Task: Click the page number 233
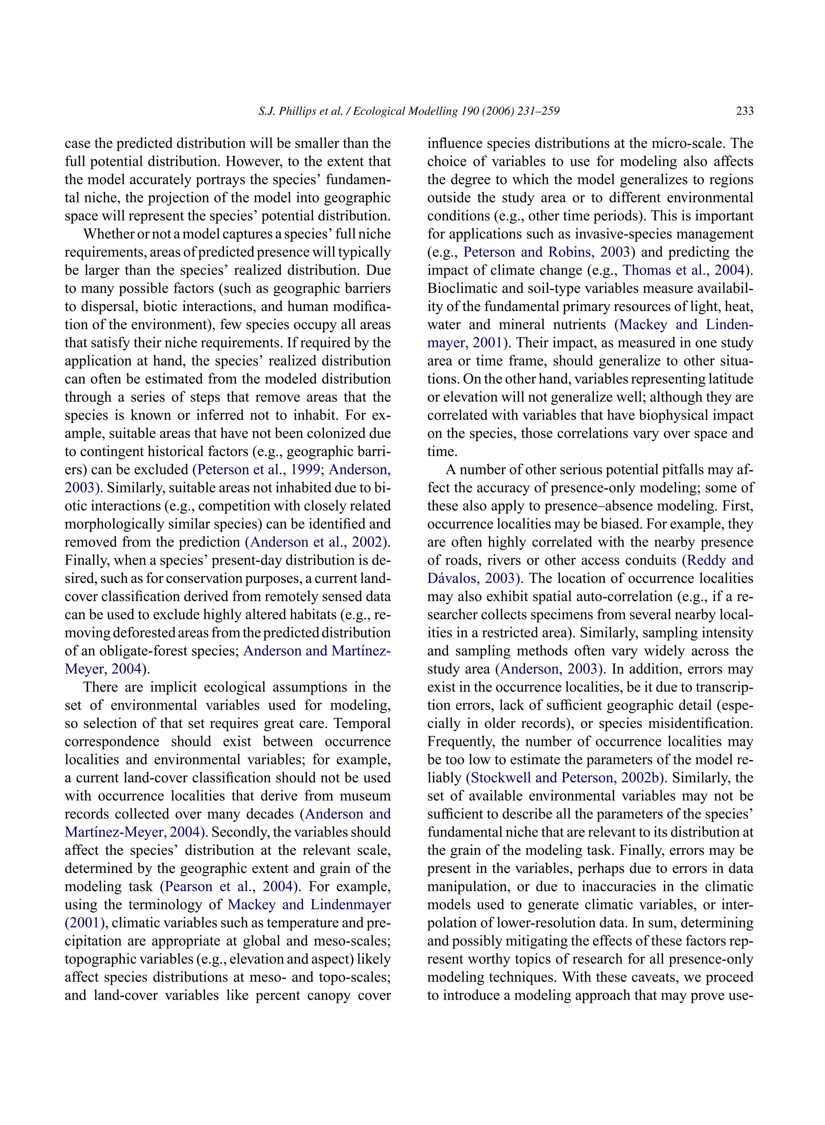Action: (x=744, y=111)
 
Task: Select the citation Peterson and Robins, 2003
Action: (x=546, y=252)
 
